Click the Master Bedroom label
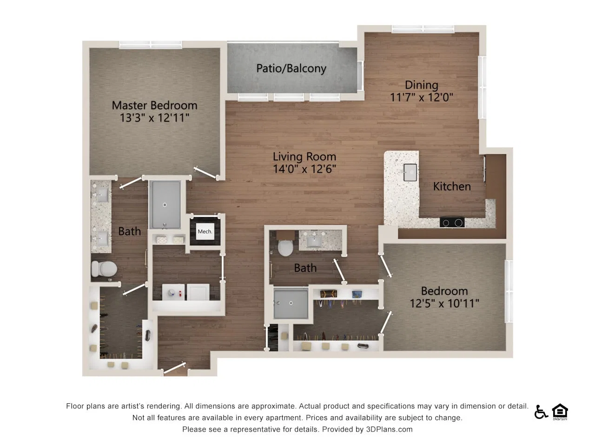tap(154, 105)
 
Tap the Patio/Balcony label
tap(291, 68)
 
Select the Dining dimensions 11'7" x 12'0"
tap(422, 97)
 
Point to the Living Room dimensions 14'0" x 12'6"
tap(304, 169)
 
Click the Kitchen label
tap(452, 187)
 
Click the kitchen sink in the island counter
tap(410, 172)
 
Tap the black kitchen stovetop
tap(452, 223)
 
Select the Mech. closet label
tap(205, 231)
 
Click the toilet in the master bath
tap(104, 269)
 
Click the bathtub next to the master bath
tap(165, 205)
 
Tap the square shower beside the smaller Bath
tap(291, 303)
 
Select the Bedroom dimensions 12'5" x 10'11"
tap(444, 303)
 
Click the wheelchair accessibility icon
tap(541, 412)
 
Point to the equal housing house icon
tap(560, 412)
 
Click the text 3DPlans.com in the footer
tap(389, 429)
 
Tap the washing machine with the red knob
tap(173, 292)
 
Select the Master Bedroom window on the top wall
tap(151, 45)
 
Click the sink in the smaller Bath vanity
tap(314, 242)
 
